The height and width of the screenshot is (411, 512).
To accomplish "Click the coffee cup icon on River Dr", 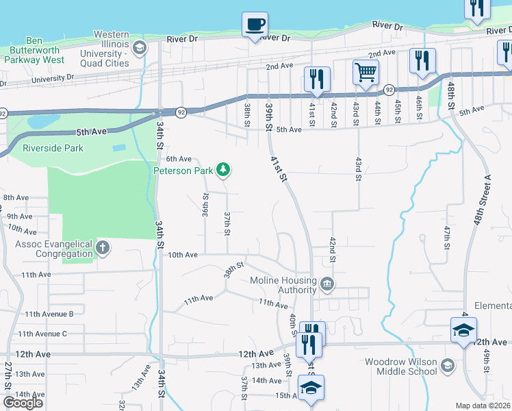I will point(255,25).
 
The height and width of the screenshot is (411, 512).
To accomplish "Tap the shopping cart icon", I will point(366,71).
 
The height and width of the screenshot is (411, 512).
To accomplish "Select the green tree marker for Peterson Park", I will point(222,169).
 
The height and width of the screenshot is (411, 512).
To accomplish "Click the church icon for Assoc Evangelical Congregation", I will point(103,247).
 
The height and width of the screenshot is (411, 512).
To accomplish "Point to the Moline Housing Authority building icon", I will point(327,283).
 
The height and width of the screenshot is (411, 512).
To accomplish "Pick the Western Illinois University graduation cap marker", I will point(140,47).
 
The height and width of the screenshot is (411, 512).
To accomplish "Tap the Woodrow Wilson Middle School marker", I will point(448,364).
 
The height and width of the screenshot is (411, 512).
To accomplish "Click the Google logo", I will point(23,403).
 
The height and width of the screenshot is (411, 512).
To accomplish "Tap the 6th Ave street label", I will point(179,159).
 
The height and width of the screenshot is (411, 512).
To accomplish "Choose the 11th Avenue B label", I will point(49,314).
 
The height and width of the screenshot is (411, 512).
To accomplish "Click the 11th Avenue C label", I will point(42,334).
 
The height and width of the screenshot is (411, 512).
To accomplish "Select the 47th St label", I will point(446,237).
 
